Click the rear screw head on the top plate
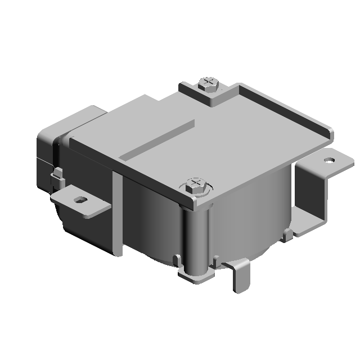pyautogui.click(x=209, y=84)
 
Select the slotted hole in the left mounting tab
pyautogui.click(x=82, y=199)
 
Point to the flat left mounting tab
pyautogui.click(x=79, y=201)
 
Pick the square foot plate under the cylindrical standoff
pyautogui.click(x=195, y=277)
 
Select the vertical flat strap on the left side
pyautogui.click(x=117, y=214)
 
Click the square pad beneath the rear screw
pyautogui.click(x=209, y=97)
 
